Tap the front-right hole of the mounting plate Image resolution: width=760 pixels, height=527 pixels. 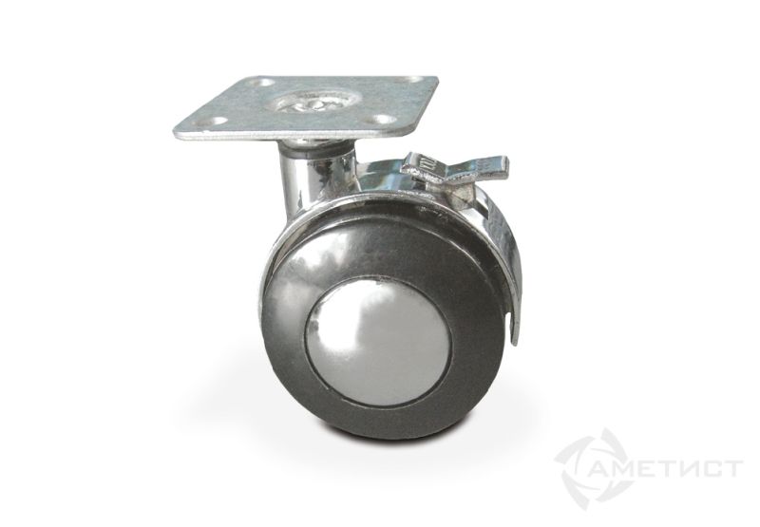384,121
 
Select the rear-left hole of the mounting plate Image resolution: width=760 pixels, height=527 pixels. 255,86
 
